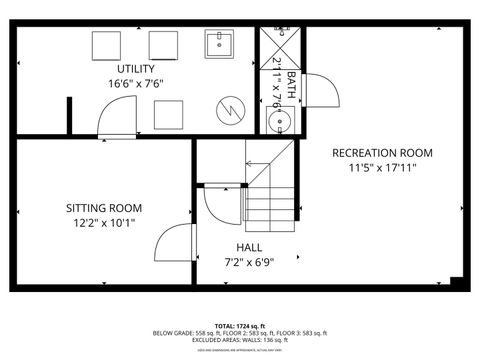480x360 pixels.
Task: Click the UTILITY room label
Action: click(135, 68)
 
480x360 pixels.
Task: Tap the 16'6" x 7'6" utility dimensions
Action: click(135, 84)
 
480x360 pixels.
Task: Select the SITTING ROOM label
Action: click(104, 208)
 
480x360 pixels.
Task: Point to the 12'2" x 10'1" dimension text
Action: click(104, 224)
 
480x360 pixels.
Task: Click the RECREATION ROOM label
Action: click(382, 153)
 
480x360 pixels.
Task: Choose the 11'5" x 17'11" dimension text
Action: click(382, 168)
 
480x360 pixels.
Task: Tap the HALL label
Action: click(250, 247)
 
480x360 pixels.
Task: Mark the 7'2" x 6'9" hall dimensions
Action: click(250, 262)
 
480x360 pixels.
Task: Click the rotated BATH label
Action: click(291, 82)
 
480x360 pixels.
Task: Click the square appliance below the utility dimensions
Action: click(170, 115)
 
